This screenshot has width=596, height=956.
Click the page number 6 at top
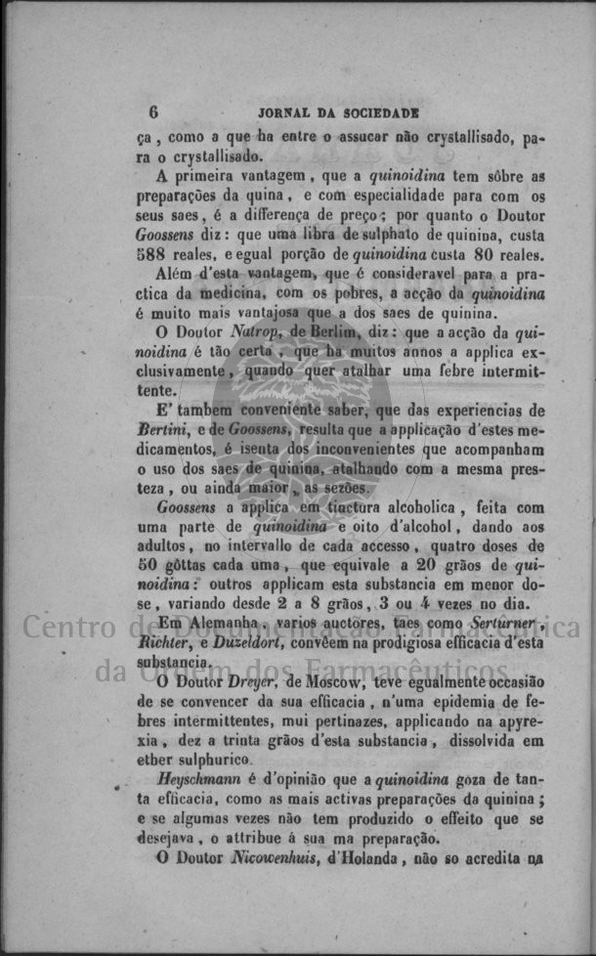click(154, 112)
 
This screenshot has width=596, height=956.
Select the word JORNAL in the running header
click(282, 112)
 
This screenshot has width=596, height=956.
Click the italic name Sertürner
click(496, 623)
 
